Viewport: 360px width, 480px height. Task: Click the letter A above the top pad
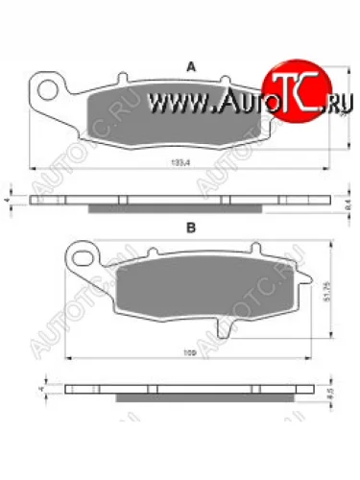click(x=191, y=66)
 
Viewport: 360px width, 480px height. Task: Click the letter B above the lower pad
click(x=191, y=228)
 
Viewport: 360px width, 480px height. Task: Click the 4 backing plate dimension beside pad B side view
click(x=39, y=389)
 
